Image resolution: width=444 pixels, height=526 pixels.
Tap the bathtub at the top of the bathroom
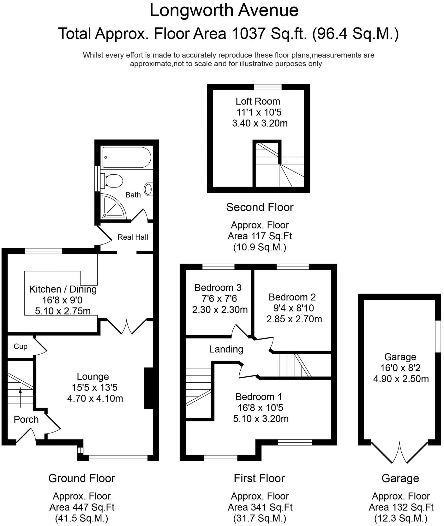(126, 157)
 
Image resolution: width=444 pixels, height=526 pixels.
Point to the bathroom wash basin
(149, 189)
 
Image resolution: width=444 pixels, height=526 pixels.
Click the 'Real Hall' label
(133, 237)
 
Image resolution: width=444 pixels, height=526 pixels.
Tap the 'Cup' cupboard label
(20, 346)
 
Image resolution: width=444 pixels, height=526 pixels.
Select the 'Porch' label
(26, 419)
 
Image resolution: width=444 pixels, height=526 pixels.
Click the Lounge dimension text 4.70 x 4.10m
(95, 399)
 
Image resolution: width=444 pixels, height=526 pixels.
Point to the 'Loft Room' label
(258, 101)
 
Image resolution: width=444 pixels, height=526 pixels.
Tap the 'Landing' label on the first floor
(226, 349)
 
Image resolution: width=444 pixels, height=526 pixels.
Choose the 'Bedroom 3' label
(218, 288)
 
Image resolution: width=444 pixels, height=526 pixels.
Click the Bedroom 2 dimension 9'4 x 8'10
(294, 308)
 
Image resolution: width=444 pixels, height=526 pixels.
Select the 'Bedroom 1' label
(259, 397)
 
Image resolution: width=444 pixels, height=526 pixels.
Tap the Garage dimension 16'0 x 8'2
(400, 368)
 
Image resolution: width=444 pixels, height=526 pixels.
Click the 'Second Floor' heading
(260, 207)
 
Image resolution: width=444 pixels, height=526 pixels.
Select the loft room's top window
(268, 87)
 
